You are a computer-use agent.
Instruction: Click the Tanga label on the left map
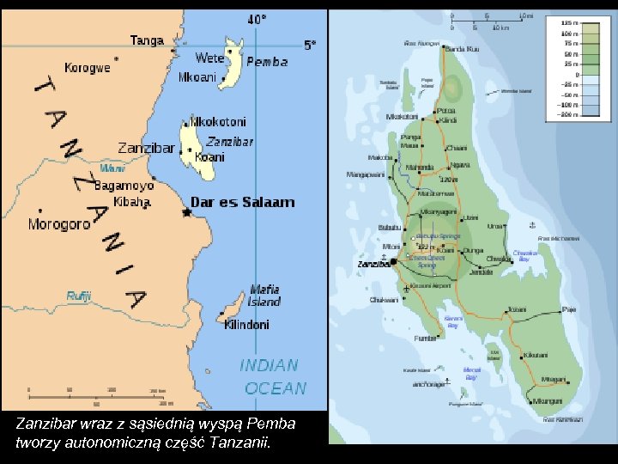147,40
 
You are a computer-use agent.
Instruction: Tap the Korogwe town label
87,67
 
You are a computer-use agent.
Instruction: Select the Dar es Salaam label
242,203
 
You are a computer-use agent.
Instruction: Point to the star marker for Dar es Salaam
186,212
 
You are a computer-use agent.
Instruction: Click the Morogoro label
59,224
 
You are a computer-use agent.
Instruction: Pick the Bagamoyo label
124,186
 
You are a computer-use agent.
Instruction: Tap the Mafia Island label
265,296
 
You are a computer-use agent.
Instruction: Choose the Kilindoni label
246,325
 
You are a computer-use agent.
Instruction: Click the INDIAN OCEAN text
274,376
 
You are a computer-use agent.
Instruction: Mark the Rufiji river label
79,296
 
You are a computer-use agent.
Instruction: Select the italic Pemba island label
267,62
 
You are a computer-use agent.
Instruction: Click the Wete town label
209,58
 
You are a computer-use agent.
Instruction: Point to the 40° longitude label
257,19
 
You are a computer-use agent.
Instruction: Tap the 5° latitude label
310,45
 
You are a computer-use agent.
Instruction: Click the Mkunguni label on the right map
547,401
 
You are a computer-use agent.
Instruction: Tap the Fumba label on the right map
425,339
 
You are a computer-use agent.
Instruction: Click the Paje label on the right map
568,309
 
